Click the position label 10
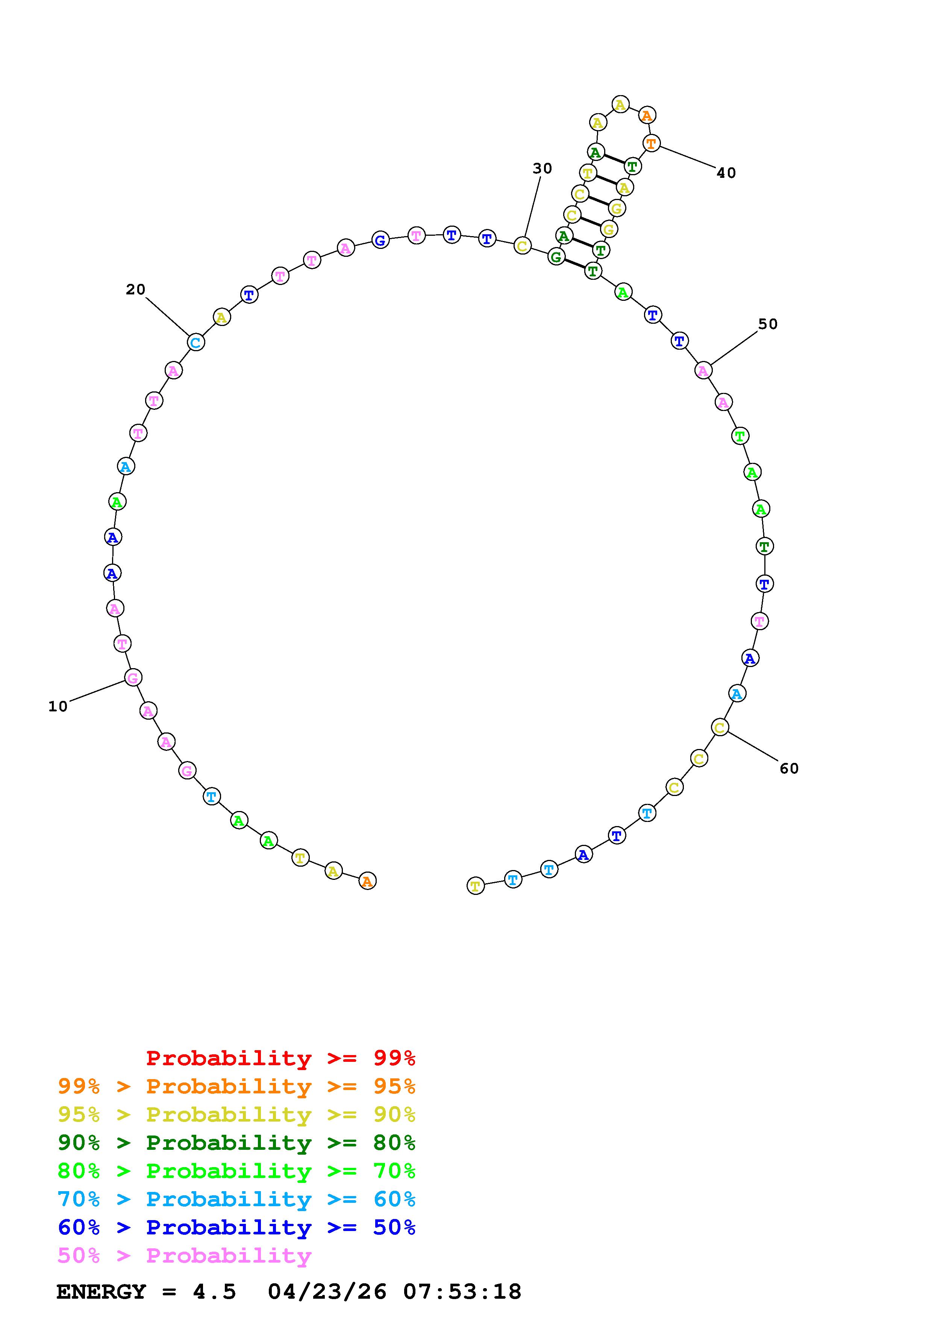point(58,706)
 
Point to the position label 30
point(542,168)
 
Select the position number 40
point(726,173)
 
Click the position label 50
point(768,324)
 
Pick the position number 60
point(789,769)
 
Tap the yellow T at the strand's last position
point(476,886)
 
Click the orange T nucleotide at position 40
point(651,143)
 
